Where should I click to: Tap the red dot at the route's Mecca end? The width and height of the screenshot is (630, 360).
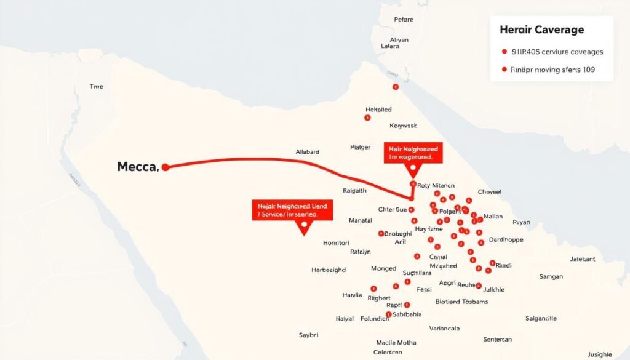click(x=164, y=166)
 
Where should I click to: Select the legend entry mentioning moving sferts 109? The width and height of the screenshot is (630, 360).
click(x=552, y=70)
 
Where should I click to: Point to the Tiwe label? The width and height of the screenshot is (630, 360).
click(x=96, y=87)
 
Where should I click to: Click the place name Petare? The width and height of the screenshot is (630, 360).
click(x=403, y=20)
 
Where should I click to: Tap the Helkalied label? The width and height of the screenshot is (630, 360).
click(x=378, y=110)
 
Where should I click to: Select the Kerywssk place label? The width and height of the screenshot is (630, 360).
click(x=403, y=125)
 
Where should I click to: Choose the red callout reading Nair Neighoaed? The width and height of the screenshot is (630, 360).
click(x=412, y=153)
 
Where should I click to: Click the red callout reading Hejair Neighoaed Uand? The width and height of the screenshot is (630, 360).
click(x=292, y=210)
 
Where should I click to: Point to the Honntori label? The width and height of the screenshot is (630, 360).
click(x=336, y=243)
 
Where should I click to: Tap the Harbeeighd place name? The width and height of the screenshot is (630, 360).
click(x=329, y=270)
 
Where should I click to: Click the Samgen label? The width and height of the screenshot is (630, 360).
click(x=551, y=276)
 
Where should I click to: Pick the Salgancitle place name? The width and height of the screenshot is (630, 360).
click(x=541, y=318)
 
